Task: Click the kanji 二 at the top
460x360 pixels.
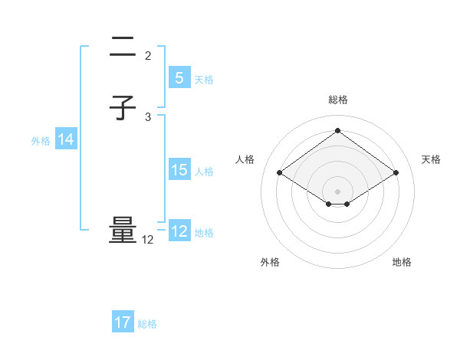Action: coord(123,48)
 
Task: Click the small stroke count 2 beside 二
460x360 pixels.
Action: coord(148,56)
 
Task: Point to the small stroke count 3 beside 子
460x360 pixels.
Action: coord(148,116)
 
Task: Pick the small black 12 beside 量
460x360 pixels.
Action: coord(148,240)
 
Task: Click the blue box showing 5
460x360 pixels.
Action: coord(179,77)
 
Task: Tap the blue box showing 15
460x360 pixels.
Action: coord(179,170)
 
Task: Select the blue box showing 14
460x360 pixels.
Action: coord(66,139)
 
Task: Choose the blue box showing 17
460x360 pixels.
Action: coord(123,322)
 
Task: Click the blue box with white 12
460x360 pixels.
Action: coord(179,231)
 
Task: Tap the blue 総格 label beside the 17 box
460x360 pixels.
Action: coord(147,324)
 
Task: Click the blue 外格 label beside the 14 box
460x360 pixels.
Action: coord(41,141)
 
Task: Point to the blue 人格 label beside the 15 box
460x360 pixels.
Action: coord(205,172)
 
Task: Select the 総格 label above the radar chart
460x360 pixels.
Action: coord(337,100)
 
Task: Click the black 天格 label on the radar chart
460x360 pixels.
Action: coord(432,159)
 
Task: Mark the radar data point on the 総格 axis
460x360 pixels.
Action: coord(337,130)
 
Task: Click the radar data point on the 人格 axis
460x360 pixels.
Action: coord(280,173)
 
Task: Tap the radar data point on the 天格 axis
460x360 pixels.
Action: coord(396,173)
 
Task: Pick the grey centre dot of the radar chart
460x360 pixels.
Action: coord(337,191)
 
